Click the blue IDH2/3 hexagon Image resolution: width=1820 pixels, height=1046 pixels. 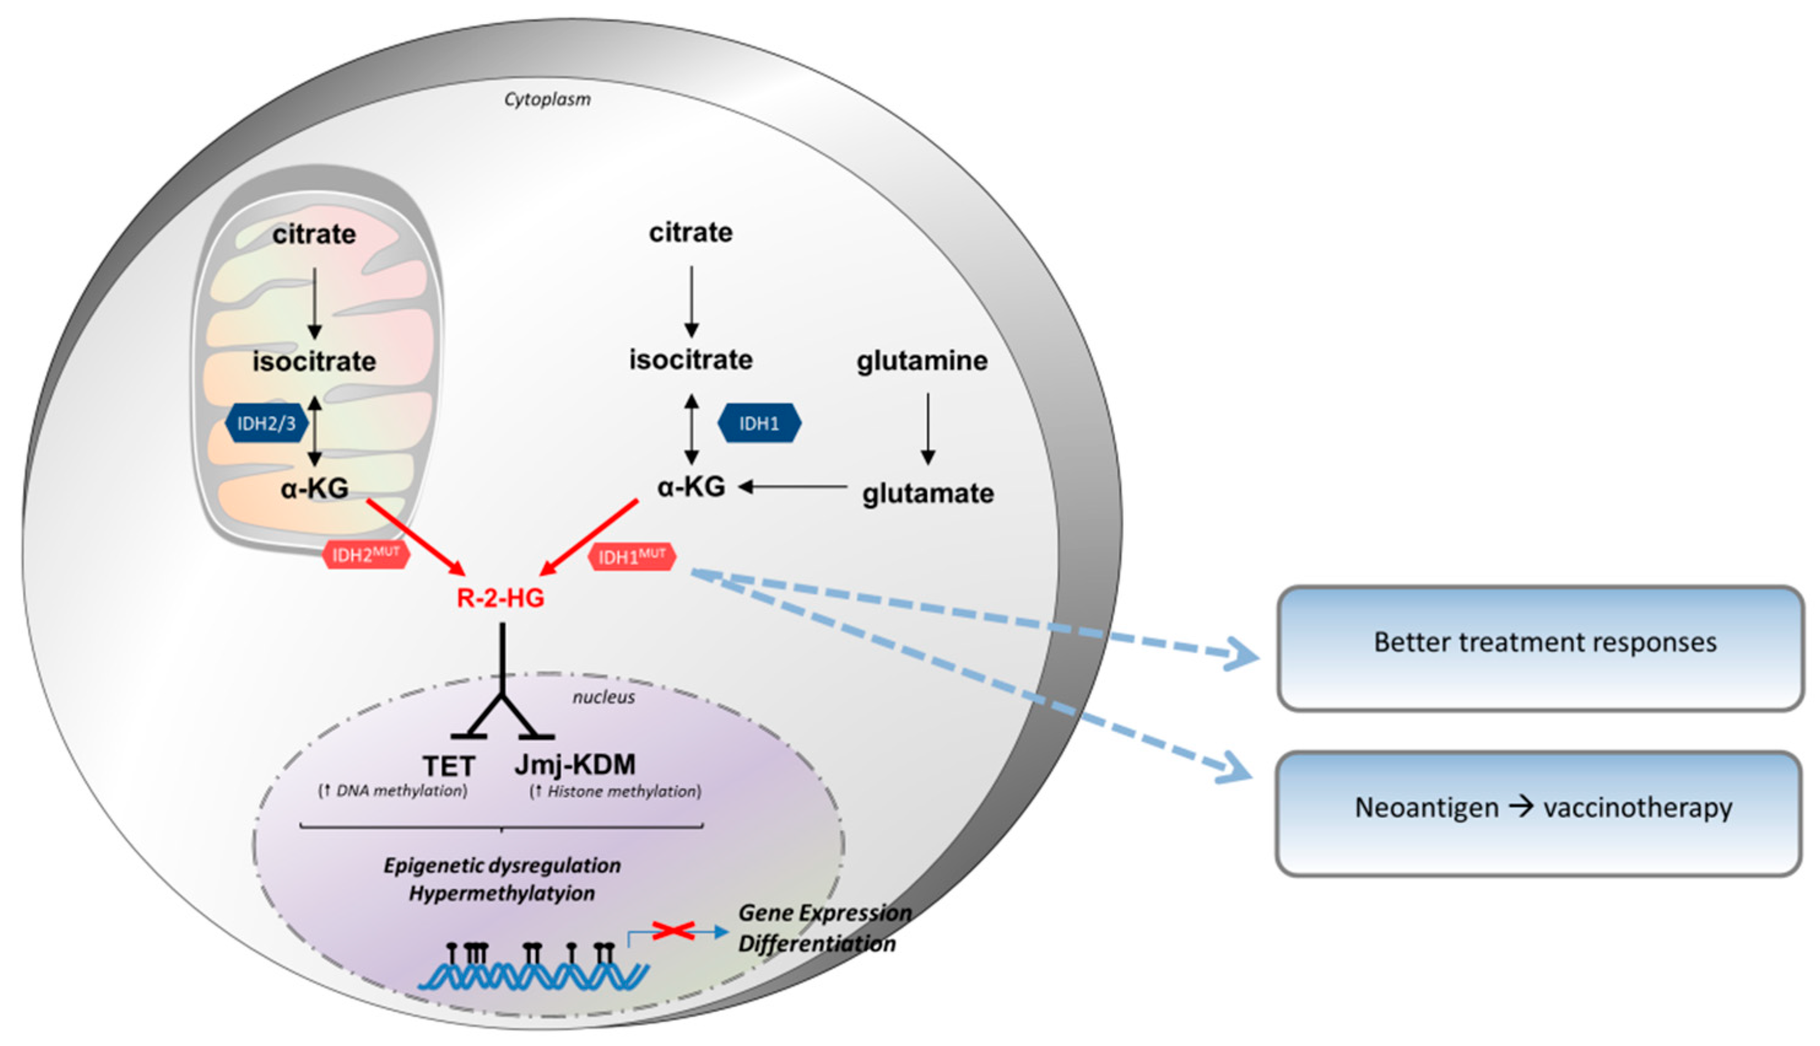(266, 423)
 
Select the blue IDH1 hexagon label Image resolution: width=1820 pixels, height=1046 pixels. (759, 423)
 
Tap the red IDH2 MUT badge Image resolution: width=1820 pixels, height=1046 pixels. (366, 555)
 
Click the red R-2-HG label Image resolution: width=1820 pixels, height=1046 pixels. (501, 598)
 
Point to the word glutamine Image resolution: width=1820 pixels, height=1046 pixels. (921, 361)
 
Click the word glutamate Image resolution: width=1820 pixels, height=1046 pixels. (928, 493)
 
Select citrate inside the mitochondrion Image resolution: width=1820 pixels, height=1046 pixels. (314, 234)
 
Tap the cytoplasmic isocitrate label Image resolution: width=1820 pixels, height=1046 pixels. (691, 360)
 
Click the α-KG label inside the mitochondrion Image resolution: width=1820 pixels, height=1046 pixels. (315, 488)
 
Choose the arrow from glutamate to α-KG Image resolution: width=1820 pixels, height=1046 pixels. (794, 487)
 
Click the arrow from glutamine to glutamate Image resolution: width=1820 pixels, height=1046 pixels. (927, 428)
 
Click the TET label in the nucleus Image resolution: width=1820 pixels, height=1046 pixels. (449, 766)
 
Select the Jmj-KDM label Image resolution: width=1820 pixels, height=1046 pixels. (575, 764)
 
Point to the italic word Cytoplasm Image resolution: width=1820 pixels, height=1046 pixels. (547, 99)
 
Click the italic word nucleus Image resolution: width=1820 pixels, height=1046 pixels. (604, 698)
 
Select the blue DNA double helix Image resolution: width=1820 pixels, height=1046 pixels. (534, 975)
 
